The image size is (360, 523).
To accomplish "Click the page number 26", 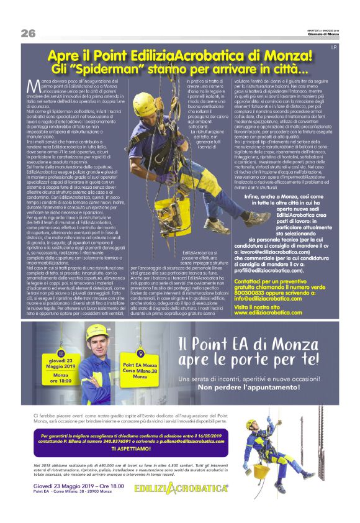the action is [28, 32].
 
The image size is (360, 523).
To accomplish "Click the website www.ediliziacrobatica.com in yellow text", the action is [268, 312].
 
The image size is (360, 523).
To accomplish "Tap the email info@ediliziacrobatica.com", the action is [267, 298].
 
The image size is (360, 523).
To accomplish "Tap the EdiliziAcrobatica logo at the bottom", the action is [182, 489].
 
